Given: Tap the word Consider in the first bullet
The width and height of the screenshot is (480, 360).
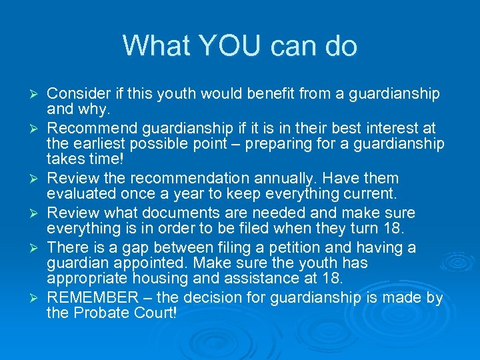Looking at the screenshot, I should pos(75,94).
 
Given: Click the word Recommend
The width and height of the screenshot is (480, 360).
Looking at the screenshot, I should pos(88,128).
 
